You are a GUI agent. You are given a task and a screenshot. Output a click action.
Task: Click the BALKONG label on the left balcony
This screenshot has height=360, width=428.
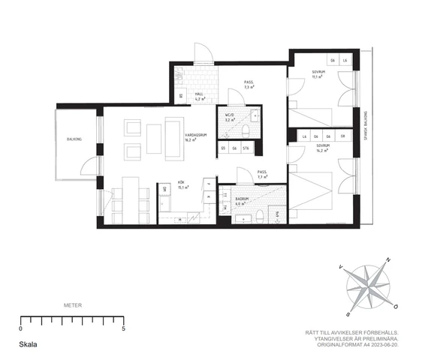74,139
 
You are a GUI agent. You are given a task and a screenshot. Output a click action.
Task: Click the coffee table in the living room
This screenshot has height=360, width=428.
155,137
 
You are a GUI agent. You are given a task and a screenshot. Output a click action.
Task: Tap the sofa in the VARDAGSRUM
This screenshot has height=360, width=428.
174,139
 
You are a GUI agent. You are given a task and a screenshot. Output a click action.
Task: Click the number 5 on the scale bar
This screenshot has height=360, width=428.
122,328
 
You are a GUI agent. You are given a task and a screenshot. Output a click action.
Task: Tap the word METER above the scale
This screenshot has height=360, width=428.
72,306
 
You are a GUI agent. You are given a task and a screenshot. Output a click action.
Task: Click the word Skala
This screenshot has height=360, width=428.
29,346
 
